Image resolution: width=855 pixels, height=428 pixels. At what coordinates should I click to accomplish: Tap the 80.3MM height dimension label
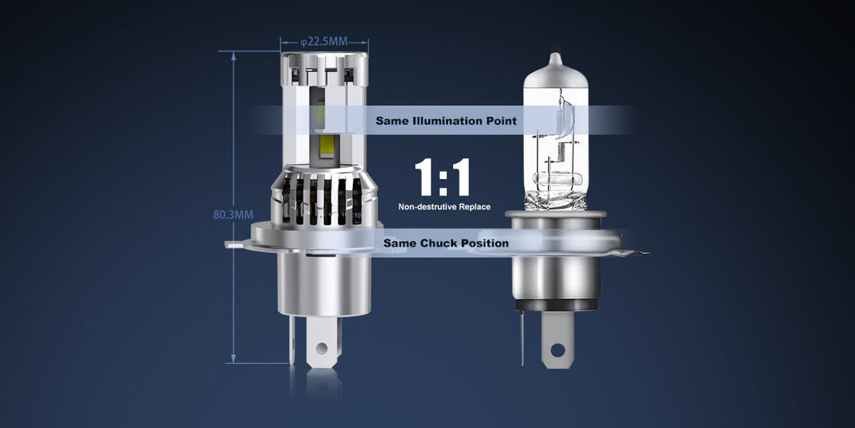click(x=233, y=214)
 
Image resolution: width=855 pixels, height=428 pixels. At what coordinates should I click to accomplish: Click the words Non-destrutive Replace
click(x=444, y=207)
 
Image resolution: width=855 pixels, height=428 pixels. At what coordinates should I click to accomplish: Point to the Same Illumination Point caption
click(x=446, y=121)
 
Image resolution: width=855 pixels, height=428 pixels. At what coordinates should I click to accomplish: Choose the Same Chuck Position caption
click(x=446, y=243)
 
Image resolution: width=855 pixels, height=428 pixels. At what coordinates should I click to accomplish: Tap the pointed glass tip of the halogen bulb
click(x=554, y=60)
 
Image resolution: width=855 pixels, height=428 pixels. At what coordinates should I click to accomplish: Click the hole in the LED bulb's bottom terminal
click(x=322, y=349)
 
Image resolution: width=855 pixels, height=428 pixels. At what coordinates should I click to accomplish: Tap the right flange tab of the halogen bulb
click(x=634, y=253)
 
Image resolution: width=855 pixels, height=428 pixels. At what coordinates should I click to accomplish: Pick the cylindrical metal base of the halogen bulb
click(x=555, y=277)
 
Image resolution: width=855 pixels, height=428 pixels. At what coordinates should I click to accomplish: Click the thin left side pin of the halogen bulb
click(x=522, y=337)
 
